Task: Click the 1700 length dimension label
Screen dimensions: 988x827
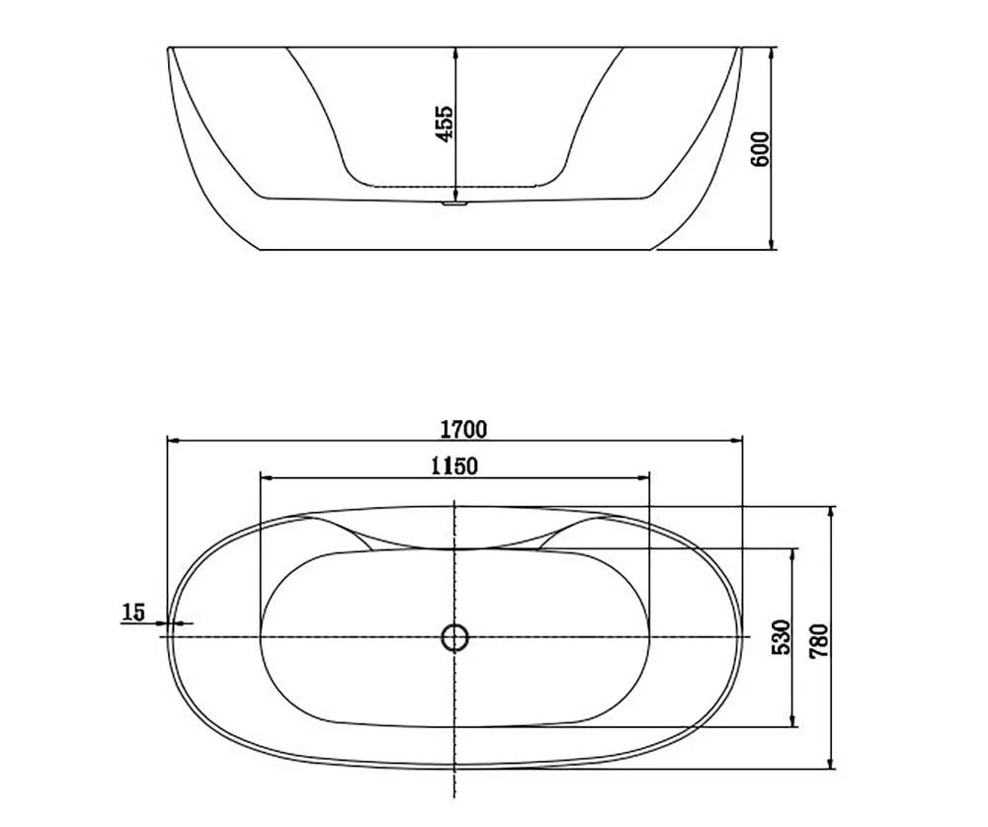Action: pos(463,429)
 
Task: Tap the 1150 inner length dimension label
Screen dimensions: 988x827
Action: pos(454,466)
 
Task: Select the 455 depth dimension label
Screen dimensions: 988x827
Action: pos(445,124)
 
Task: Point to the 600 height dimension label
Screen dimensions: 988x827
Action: pos(761,149)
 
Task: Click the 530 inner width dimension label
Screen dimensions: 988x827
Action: pos(781,636)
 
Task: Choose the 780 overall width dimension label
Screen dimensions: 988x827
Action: pos(819,641)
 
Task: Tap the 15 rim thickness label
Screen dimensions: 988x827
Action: pos(133,612)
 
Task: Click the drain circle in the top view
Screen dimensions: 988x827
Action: pos(454,637)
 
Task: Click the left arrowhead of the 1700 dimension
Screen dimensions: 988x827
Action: pos(174,442)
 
